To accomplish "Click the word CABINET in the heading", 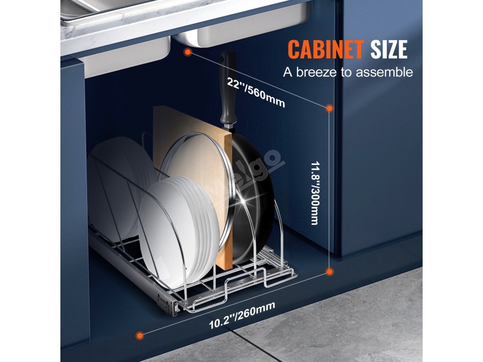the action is [325, 49].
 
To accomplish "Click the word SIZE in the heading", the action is [389, 49].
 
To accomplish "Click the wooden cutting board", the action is [189, 141].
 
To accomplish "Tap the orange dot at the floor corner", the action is [139, 336].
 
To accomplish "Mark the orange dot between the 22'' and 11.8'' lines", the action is [329, 109].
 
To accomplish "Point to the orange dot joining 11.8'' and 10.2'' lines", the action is [330, 271].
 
